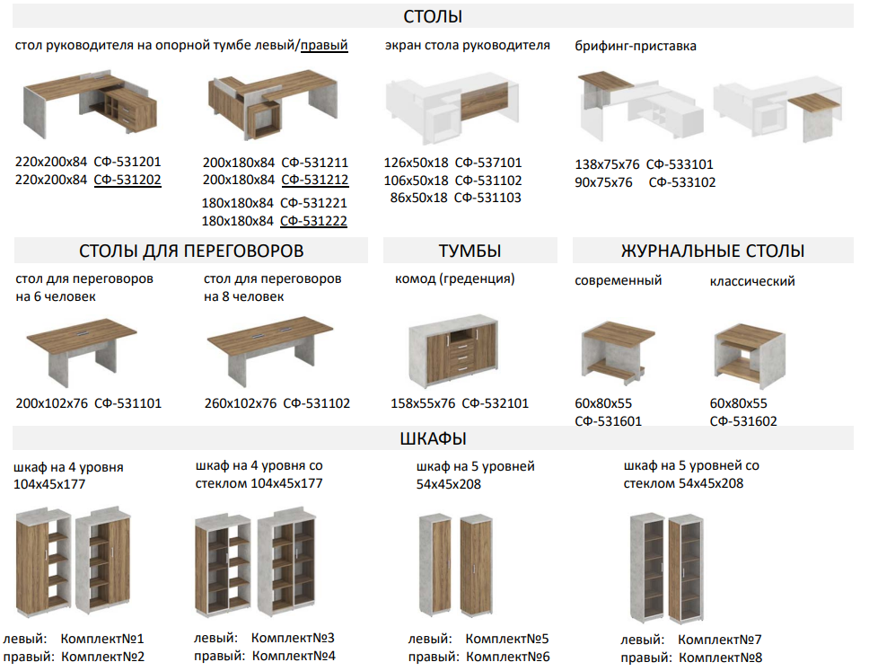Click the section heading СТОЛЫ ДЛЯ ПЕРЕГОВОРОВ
tap(191, 251)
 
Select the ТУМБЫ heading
tap(470, 251)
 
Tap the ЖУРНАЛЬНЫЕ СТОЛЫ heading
tap(713, 251)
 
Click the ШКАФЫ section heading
tap(433, 438)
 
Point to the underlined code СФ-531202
tap(127, 180)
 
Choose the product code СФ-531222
tap(313, 221)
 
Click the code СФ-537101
tap(488, 163)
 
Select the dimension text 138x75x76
tap(607, 164)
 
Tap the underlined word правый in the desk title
tap(324, 46)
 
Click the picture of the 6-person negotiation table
tap(81, 351)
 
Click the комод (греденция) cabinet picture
tap(453, 349)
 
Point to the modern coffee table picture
tap(618, 353)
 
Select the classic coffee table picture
tap(750, 356)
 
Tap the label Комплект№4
tap(294, 656)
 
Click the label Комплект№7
tap(719, 640)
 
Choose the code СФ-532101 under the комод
tap(495, 403)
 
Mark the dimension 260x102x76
tap(240, 403)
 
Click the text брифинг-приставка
tap(635, 46)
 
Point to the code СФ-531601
tap(608, 421)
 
